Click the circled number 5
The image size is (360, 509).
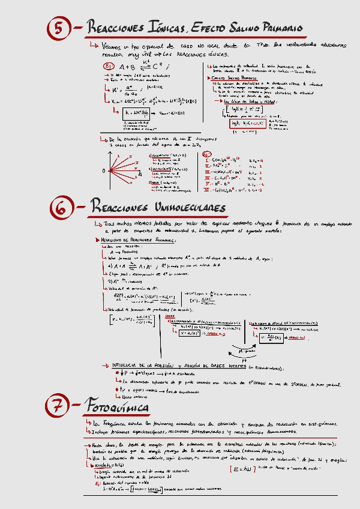point(59,28)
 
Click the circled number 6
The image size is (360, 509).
point(59,207)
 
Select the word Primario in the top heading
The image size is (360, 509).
point(276,28)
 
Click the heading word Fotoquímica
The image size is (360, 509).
point(117,407)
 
